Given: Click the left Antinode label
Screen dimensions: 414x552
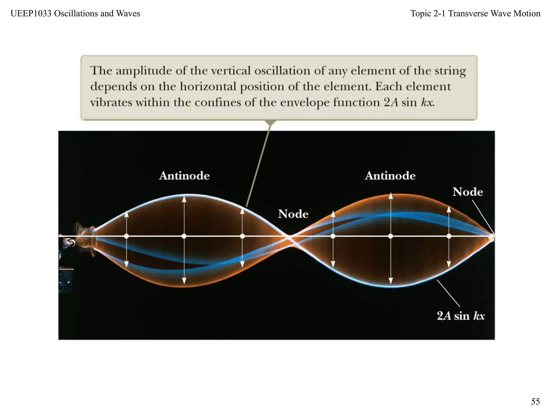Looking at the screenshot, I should click(x=184, y=175).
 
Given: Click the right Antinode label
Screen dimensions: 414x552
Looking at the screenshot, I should click(x=390, y=175).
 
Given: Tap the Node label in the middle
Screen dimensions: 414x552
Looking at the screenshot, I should click(x=293, y=214).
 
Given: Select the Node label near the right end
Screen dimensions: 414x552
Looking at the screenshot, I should click(x=468, y=192).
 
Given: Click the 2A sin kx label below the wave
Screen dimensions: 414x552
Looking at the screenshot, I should click(x=461, y=316).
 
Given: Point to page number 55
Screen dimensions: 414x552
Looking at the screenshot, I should click(x=535, y=401).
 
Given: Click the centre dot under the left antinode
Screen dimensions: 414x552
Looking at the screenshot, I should click(x=184, y=236).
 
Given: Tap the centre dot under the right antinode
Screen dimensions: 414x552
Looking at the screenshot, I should click(x=391, y=236).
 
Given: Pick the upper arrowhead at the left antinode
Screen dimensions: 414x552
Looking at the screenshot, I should click(x=184, y=199).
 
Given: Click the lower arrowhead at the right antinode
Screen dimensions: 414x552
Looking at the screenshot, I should click(x=391, y=281).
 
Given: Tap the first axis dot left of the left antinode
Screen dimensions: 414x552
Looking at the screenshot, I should click(x=126, y=236).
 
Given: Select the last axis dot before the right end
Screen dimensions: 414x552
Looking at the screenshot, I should click(x=449, y=236).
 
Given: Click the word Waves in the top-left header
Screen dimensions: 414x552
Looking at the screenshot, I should click(x=128, y=13).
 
